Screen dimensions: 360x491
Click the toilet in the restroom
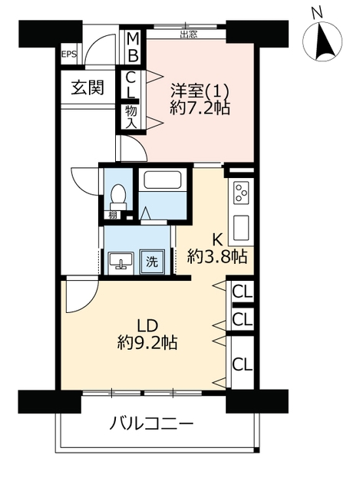click(x=118, y=196)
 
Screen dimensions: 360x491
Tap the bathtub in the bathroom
click(x=163, y=180)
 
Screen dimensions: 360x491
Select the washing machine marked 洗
click(x=152, y=262)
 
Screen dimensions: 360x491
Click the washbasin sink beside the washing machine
click(x=121, y=262)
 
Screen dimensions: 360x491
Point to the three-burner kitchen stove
click(x=241, y=193)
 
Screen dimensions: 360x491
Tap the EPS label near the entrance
click(x=68, y=54)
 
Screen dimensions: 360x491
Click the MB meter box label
click(x=133, y=48)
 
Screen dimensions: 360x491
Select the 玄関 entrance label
click(x=88, y=87)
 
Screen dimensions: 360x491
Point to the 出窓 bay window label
click(x=189, y=35)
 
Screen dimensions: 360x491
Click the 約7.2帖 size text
click(x=200, y=108)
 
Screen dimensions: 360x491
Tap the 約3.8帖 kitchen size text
click(x=217, y=258)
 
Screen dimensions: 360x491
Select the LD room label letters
click(x=147, y=326)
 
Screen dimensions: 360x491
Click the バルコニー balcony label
click(x=150, y=424)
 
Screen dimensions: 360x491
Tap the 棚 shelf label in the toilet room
click(x=113, y=215)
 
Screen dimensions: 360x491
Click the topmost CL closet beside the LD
click(x=243, y=292)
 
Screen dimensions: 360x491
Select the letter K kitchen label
click(x=217, y=240)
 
